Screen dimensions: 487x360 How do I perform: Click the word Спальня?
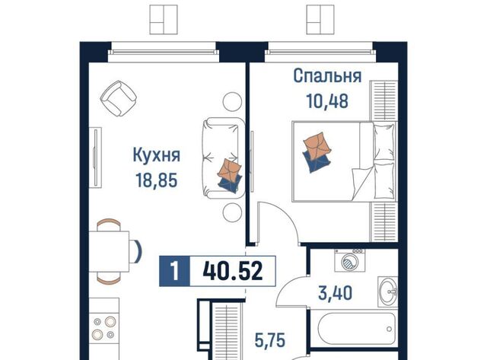[x=327, y=76]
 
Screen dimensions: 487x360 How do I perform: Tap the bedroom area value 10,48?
[x=327, y=100]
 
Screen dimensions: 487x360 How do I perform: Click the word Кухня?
[x=156, y=155]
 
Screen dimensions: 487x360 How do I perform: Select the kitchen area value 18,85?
[x=157, y=180]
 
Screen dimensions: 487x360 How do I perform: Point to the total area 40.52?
[x=233, y=271]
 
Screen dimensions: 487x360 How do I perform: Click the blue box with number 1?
[x=174, y=271]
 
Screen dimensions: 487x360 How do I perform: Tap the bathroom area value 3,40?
[x=335, y=293]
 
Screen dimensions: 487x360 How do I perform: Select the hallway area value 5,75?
[x=269, y=340]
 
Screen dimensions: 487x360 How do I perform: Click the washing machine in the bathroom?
[x=350, y=260]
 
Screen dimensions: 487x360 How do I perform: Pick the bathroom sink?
[x=388, y=292]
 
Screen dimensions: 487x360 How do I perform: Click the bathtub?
[x=357, y=328]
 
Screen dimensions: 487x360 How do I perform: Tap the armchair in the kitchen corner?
[x=119, y=98]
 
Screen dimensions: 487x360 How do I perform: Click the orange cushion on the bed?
[x=317, y=144]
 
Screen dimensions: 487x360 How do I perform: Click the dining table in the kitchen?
[x=109, y=252]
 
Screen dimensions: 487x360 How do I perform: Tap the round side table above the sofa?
[x=232, y=101]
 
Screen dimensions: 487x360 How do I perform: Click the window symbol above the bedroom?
[x=320, y=19]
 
